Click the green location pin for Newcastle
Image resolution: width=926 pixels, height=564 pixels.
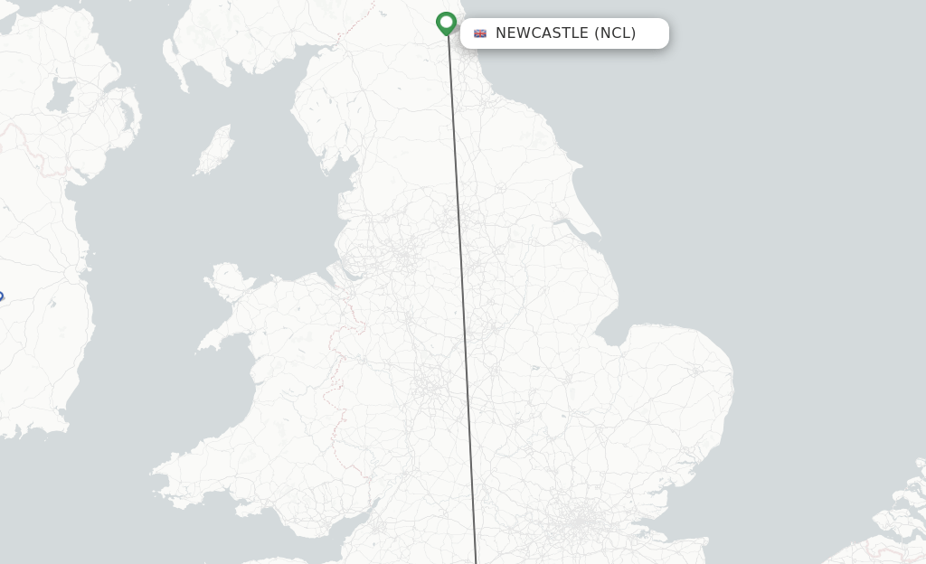point(446,22)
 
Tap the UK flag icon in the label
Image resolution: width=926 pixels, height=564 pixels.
point(480,33)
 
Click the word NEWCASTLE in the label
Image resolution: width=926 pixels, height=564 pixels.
point(542,33)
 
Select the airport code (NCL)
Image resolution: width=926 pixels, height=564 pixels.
point(615,33)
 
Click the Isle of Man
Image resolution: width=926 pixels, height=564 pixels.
point(215,150)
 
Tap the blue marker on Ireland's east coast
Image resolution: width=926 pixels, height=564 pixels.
point(0,296)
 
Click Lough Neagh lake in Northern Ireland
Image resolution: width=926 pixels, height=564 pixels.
point(62,92)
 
